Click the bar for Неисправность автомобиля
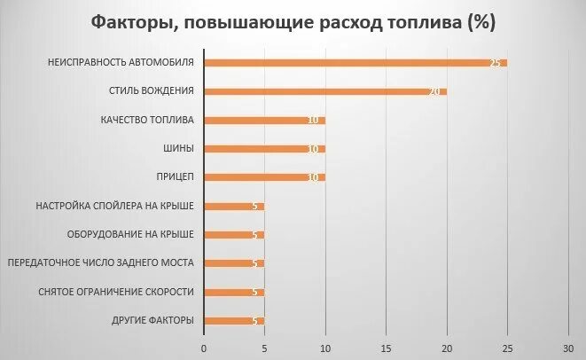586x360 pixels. click(355, 63)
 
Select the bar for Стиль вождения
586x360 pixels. click(324, 91)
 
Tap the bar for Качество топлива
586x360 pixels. click(264, 120)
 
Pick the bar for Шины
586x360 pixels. click(264, 148)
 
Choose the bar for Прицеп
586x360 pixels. click(264, 177)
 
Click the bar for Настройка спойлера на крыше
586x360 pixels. click(234, 206)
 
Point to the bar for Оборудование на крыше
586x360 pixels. click(234, 235)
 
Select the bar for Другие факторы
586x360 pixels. click(234, 320)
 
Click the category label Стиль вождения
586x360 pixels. click(151, 91)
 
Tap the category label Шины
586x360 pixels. click(180, 148)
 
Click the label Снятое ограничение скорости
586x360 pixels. click(116, 292)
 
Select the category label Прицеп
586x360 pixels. click(176, 177)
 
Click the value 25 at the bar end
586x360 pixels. click(496, 63)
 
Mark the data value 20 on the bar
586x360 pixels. click(435, 91)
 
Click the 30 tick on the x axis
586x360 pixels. click(569, 347)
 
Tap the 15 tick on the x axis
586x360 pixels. click(387, 347)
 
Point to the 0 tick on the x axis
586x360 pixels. click(204, 347)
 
